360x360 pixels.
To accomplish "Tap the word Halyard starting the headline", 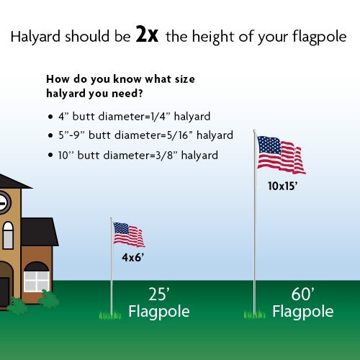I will [x=35, y=36].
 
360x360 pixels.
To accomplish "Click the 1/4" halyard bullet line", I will [x=133, y=116].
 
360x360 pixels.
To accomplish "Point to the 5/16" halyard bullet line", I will [x=144, y=135].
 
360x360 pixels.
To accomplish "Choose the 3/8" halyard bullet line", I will [x=137, y=155].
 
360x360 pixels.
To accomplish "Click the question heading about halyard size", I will [x=121, y=86].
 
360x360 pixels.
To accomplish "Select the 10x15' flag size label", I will [x=282, y=185].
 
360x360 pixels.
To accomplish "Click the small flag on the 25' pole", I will [x=129, y=234].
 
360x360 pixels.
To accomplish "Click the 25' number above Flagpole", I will [x=158, y=294].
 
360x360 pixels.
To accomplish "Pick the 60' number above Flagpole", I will [x=302, y=294].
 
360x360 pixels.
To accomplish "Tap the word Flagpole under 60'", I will [x=302, y=312].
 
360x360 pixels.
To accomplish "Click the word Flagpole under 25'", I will [x=158, y=312].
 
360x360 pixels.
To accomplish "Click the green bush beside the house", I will [x=49, y=299].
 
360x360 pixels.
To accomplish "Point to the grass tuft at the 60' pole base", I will [x=254, y=314].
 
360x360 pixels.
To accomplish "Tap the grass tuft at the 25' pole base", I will [x=110, y=315].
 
